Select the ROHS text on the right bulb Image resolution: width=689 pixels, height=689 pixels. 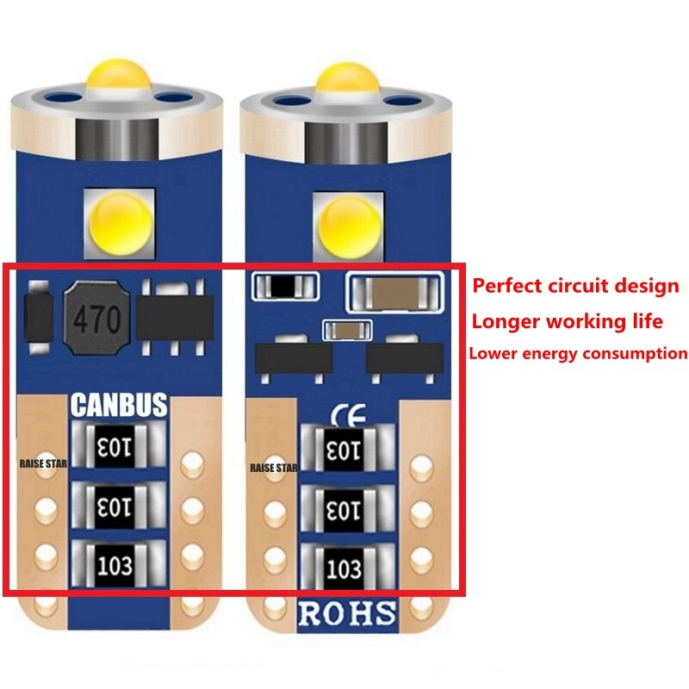[346, 614]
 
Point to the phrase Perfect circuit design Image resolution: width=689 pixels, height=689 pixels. [576, 286]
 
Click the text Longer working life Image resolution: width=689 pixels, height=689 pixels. [566, 321]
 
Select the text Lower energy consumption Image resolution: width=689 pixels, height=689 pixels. [577, 353]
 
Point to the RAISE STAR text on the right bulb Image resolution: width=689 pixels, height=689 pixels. [273, 469]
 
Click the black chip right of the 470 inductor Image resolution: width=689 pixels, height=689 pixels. [174, 319]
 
